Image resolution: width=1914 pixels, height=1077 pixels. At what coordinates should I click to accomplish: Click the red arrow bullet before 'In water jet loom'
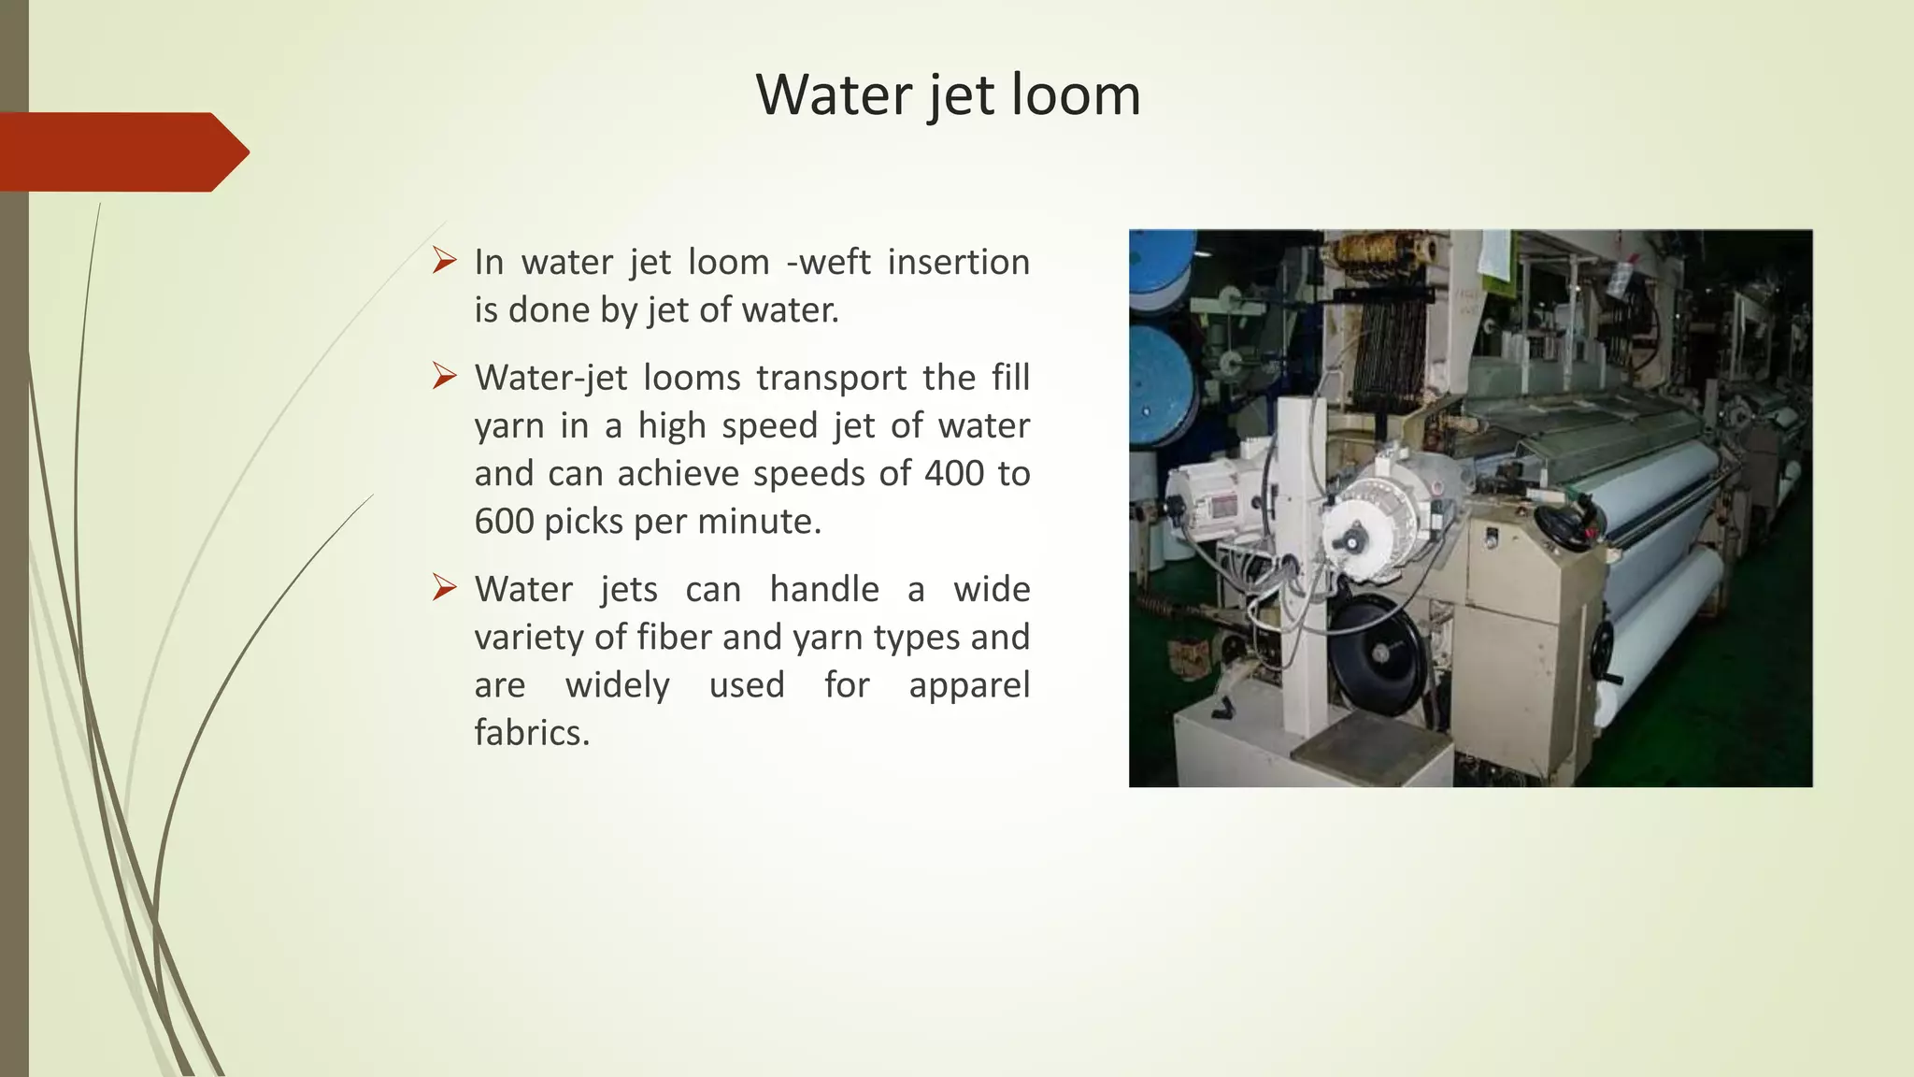(x=444, y=260)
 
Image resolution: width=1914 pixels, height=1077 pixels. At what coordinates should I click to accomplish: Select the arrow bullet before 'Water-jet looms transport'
(x=444, y=376)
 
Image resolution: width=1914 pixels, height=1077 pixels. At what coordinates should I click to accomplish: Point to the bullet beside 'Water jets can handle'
(x=444, y=587)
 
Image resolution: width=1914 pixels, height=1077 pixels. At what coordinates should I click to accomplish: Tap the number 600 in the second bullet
(x=504, y=521)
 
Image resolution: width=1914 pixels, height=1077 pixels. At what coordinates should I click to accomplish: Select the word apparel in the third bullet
(x=968, y=684)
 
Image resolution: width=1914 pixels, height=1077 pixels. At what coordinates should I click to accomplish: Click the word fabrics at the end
(x=531, y=732)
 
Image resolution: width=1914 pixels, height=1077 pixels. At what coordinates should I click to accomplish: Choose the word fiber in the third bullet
(x=675, y=637)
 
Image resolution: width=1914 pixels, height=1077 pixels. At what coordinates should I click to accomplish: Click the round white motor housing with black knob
(x=1369, y=525)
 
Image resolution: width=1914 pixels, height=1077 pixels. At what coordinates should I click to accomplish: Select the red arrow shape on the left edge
(x=121, y=151)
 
